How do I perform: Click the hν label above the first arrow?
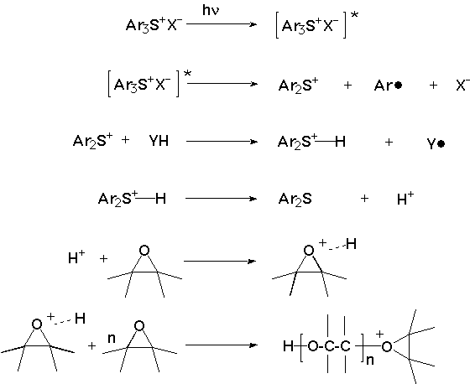[211, 11]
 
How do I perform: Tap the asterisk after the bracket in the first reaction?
[354, 15]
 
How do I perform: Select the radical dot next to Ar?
[398, 86]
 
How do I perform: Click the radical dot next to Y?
[441, 144]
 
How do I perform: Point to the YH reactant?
[159, 141]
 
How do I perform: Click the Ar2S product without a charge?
[295, 199]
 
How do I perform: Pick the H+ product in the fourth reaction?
[405, 199]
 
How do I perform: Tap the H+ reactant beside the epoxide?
[76, 257]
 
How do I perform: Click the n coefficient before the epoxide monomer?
[111, 339]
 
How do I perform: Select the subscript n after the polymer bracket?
[370, 360]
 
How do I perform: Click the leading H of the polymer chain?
[288, 346]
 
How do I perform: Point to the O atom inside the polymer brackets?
[312, 346]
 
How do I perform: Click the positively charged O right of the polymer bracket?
[387, 347]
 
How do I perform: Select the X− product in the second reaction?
[462, 85]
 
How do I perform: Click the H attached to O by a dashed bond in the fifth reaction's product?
[352, 244]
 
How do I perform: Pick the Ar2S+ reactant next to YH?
[93, 141]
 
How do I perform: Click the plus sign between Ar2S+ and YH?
[126, 139]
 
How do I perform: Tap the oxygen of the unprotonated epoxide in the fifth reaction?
[144, 251]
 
